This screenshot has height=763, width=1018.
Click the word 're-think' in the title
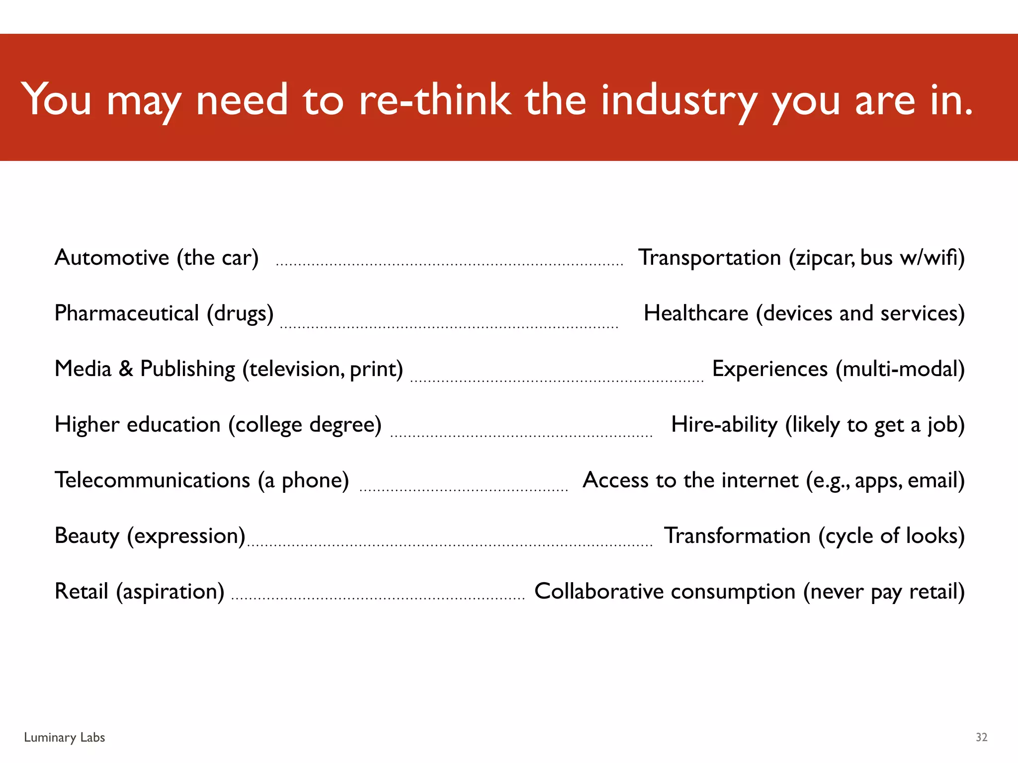[x=435, y=99]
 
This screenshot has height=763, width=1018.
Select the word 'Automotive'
[x=112, y=258]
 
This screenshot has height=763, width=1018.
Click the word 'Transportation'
[x=709, y=258]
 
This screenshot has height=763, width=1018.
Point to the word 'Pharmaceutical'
[x=127, y=313]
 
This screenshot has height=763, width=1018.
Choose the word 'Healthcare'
[x=696, y=313]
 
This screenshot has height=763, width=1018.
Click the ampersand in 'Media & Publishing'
[x=126, y=369]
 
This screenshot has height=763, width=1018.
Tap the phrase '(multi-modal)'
[x=900, y=369]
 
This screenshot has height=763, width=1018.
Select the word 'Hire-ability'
[x=724, y=425]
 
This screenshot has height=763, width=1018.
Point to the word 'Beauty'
[x=87, y=536]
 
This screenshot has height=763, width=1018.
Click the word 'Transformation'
[x=738, y=536]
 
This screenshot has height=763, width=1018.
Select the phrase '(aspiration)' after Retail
[x=170, y=592]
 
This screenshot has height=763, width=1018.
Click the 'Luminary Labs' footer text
[x=65, y=738]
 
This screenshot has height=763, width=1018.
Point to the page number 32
[x=981, y=738]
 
